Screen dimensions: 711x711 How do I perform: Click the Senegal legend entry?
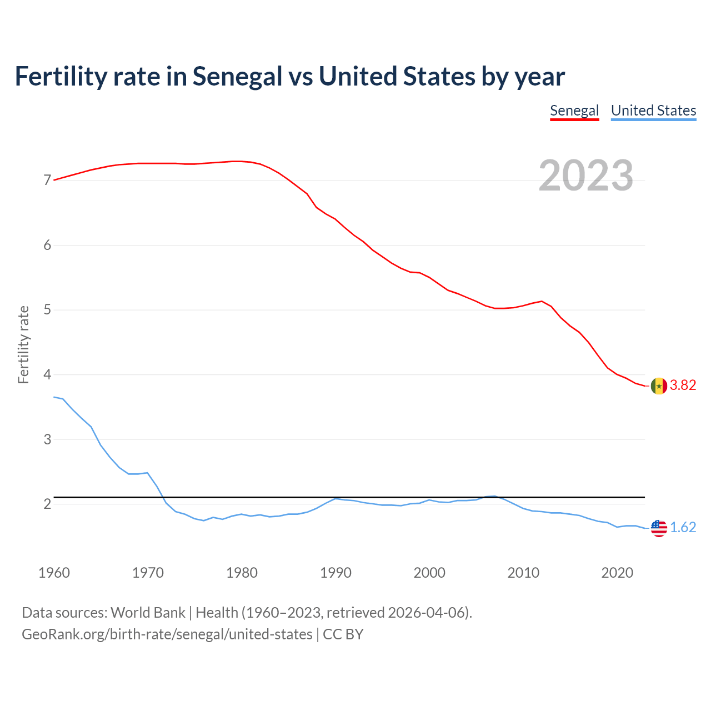click(574, 111)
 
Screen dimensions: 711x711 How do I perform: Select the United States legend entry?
click(653, 111)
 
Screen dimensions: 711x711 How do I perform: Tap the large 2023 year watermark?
click(586, 176)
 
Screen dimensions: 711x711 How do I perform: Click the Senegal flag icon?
click(658, 385)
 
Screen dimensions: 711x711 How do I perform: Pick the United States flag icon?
click(658, 528)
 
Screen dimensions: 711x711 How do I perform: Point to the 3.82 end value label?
click(683, 385)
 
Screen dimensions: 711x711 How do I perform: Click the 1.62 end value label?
click(683, 528)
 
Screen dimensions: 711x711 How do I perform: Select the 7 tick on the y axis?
click(47, 181)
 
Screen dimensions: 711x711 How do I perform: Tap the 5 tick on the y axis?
click(47, 310)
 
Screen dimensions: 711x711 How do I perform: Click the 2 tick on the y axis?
click(47, 504)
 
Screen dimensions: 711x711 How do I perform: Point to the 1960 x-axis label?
click(54, 573)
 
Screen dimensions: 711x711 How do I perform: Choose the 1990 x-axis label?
click(336, 573)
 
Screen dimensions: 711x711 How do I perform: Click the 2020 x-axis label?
click(617, 573)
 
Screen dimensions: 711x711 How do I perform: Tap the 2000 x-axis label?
click(429, 573)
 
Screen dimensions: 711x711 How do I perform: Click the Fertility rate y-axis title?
click(23, 344)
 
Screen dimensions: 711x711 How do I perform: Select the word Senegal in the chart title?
click(237, 77)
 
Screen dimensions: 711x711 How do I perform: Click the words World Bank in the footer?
click(148, 613)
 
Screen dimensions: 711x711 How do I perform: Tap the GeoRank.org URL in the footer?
click(167, 634)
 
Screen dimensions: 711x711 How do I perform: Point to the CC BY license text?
click(343, 634)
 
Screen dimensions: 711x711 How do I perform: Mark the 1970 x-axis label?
click(148, 573)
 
